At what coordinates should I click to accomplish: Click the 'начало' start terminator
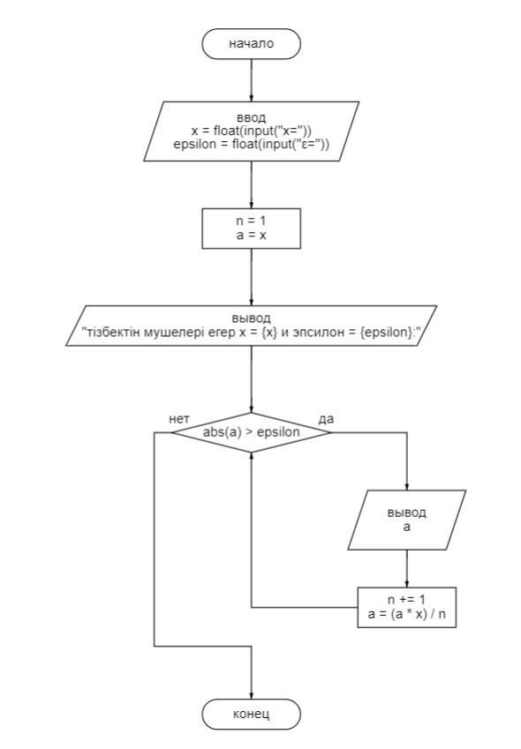252,43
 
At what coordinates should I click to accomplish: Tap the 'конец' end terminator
252,714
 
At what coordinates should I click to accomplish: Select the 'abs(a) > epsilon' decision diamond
252,433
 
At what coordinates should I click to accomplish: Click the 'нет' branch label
179,419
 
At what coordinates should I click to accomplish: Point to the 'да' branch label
326,419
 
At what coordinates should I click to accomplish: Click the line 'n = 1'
252,221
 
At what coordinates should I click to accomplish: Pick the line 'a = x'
252,235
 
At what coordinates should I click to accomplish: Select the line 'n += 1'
406,600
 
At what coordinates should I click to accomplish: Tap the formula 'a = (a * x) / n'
406,614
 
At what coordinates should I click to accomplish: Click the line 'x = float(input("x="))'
252,131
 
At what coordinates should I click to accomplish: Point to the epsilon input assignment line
252,145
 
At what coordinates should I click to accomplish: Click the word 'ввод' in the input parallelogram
252,117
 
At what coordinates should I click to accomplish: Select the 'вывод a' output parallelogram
406,520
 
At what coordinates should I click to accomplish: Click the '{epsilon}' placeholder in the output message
385,332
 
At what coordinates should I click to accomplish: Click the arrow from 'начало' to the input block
252,80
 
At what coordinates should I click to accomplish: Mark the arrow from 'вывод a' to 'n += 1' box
407,568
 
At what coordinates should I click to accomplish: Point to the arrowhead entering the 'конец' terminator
252,696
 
